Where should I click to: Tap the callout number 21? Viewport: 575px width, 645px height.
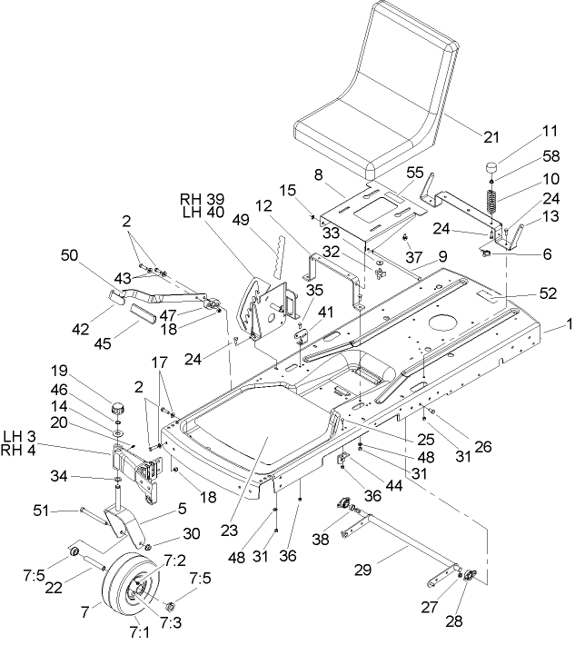[x=491, y=137]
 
